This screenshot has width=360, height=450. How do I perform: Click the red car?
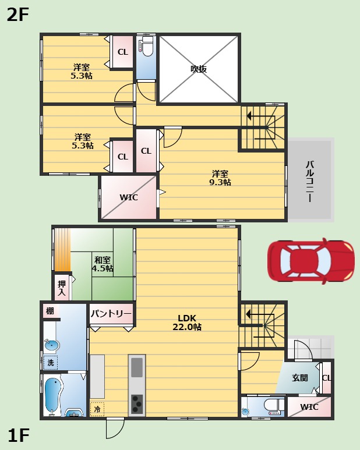311,261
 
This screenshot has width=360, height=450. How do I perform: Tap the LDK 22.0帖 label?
187,323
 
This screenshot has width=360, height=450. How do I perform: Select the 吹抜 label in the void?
199,69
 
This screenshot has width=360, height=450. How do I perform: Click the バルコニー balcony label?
310,182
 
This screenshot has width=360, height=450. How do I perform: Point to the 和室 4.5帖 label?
103,264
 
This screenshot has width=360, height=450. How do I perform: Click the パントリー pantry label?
111,313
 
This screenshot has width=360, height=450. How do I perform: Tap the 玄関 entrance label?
300,378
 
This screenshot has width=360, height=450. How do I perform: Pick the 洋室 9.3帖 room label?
220,178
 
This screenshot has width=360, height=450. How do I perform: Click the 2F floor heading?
18,15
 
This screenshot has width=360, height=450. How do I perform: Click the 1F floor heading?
19,435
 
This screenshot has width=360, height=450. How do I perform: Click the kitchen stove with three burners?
137,404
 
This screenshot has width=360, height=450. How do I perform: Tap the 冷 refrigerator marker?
97,409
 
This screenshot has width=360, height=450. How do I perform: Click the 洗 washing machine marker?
51,363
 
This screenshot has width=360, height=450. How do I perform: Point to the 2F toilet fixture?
146,46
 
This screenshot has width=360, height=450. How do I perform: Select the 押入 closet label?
62,288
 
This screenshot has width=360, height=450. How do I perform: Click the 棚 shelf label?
50,310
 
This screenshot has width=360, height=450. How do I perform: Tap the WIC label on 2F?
129,197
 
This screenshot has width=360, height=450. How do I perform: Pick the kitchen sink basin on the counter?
137,367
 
